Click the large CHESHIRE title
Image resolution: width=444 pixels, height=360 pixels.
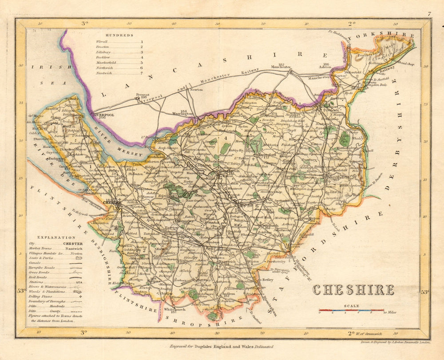click(x=353, y=290)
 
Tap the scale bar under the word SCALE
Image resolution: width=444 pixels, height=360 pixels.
click(x=351, y=310)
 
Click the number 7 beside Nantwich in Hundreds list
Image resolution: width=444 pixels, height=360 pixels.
click(x=142, y=72)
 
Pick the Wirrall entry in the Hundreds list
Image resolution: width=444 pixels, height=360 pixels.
click(x=102, y=41)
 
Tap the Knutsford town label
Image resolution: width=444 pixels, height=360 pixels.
click(x=266, y=154)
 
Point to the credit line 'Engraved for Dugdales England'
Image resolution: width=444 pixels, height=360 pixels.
click(x=221, y=346)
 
